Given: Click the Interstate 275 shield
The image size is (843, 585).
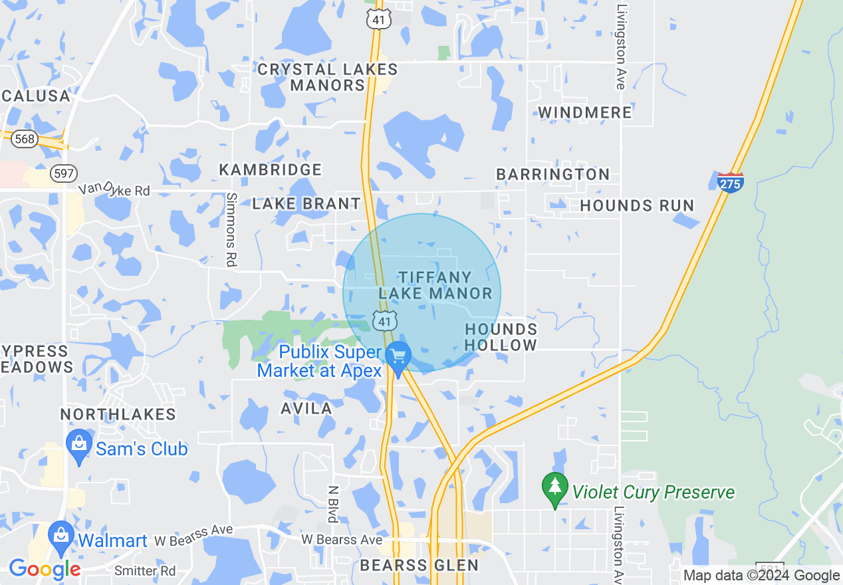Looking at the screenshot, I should point(731,181).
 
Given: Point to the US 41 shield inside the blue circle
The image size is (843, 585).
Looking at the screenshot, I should point(385,320).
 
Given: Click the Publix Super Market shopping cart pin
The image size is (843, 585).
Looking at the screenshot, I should point(398,358).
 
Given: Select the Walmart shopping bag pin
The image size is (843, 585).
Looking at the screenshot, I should point(61,536).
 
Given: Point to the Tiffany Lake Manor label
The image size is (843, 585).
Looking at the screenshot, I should point(435,285).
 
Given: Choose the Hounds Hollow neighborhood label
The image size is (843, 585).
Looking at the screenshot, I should point(501,337).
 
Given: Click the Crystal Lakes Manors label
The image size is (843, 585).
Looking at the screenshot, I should point(328,77).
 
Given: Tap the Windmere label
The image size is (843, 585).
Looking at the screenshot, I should point(585,112).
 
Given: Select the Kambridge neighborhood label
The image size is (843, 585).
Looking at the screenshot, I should point(271,170).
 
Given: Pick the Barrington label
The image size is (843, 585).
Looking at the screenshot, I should point(553,174).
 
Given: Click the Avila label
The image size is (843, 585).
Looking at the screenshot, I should point(306,408).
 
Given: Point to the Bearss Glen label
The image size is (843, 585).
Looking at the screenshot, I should point(419,566).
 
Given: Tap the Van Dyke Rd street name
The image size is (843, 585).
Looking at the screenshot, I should point(114,190).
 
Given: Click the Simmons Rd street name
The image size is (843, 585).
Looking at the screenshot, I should point(231,229).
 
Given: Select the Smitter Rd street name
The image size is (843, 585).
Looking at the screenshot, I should point(145,571).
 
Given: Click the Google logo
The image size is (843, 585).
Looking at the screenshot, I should point(44,569).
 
